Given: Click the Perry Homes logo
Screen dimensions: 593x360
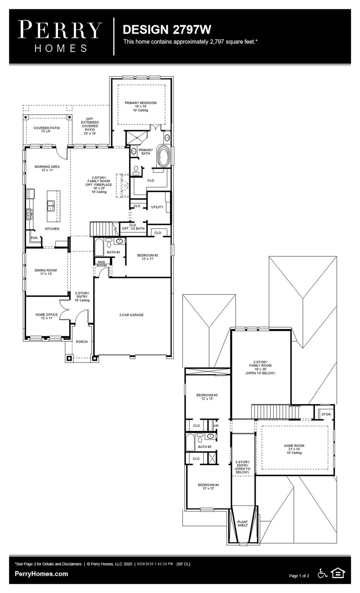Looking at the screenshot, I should point(60,36).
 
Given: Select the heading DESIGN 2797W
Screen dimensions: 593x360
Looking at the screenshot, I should point(167,29).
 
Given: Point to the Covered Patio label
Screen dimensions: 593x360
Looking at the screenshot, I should point(46,129).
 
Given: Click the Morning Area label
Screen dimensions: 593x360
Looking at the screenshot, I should point(47,168).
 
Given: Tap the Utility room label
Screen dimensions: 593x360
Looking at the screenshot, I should point(157,207).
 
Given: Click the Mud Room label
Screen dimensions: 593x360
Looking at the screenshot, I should point(102,264).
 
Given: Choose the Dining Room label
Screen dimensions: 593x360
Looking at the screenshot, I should point(46,272).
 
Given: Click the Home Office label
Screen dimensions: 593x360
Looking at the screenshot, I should point(46,316).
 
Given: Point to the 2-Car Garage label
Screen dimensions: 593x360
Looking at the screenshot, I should point(131,315).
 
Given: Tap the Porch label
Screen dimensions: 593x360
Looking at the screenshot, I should point(82,342).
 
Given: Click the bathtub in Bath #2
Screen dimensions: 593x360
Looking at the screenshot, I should point(99,247).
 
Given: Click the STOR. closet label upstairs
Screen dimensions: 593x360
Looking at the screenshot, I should point(326,414).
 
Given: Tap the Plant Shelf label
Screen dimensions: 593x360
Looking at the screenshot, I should point(243,524).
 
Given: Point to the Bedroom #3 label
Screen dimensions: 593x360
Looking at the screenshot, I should point(207,396).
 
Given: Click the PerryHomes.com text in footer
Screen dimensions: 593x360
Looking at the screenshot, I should point(41,574).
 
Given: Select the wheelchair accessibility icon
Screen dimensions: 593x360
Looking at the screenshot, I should point(322,573).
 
